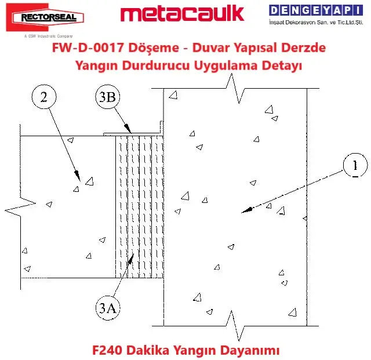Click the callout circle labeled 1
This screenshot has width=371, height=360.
pyautogui.click(x=353, y=166)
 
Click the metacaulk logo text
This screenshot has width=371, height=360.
pyautogui.click(x=182, y=14)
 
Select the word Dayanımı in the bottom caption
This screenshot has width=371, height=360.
pyautogui.click(x=252, y=350)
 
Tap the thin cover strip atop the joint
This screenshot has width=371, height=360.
pyautogui.click(x=132, y=133)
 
